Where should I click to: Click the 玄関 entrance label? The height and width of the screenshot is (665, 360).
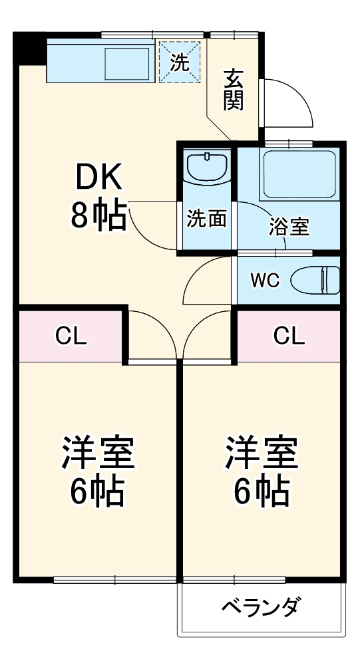pos(234,89)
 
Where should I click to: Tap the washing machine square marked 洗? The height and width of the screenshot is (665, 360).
pos(180,61)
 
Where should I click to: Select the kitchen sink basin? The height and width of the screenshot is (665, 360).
pos(127,64)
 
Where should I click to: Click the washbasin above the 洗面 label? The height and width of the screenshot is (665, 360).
pos(207,168)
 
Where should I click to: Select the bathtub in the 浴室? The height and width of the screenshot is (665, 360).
pos(299,174)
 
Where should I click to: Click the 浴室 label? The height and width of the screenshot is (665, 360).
pos(289,227)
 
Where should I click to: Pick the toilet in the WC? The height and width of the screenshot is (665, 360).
pos(315,280)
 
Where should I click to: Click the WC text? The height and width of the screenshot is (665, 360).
pos(264,281)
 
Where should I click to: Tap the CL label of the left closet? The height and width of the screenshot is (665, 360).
pos(71,336)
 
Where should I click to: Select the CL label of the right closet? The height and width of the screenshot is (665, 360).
pos(289,336)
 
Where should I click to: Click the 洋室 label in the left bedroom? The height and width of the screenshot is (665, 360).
pos(98,452)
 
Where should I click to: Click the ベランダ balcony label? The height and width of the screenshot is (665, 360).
pos(262,607)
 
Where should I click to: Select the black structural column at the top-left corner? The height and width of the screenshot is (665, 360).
pos(30,49)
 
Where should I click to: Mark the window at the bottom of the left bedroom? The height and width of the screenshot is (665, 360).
pos(115,580)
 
